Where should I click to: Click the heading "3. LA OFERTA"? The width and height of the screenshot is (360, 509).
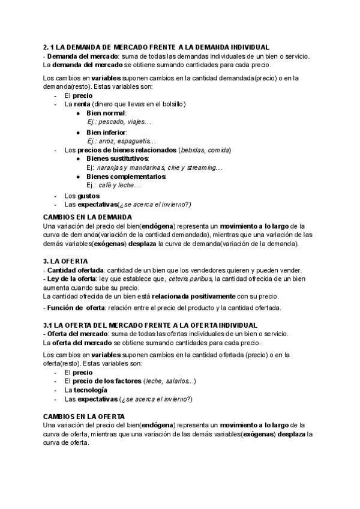pos(66,261)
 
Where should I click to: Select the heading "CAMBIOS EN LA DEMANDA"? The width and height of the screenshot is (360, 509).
pos(88,217)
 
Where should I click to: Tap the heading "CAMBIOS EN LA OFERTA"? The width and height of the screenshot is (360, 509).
pos(84,416)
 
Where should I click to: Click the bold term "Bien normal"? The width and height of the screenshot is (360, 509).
pos(106,113)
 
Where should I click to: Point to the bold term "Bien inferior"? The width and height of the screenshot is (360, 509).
pos(106,131)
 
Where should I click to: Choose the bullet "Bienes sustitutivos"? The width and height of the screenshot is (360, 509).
pos(117,158)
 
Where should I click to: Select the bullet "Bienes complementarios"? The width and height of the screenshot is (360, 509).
pos(126,176)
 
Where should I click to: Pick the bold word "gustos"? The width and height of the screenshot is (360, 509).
pos(88,196)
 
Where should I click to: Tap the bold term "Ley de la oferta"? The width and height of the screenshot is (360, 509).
pos(71,279)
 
